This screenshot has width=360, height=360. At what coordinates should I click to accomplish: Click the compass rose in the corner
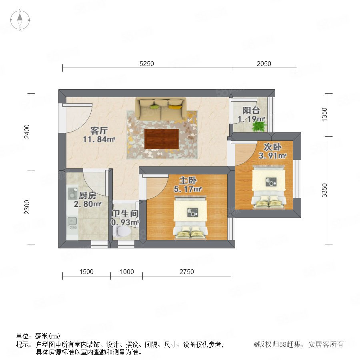coord(20,20)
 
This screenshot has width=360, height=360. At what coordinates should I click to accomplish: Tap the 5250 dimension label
coord(147,64)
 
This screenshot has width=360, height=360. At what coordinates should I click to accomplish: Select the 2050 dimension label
coord(264,64)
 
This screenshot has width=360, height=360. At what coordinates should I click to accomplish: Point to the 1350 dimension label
coord(324,114)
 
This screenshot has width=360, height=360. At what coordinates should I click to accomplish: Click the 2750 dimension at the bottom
coord(187,272)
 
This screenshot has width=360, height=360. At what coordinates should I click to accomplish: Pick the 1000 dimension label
coord(127,272)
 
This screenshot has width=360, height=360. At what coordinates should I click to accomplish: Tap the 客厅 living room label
coord(99,131)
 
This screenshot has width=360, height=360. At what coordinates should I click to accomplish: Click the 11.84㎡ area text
coord(99,139)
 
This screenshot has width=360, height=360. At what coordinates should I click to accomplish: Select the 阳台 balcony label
coord(251,110)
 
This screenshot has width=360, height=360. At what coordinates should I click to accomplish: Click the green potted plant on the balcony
coord(259,126)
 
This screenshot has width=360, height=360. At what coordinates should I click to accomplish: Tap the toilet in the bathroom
coord(122,231)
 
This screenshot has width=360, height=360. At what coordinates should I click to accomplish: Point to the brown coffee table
coord(162,139)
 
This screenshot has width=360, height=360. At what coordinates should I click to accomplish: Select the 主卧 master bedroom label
coord(188,180)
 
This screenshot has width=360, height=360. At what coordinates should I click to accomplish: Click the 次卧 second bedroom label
coord(272,147)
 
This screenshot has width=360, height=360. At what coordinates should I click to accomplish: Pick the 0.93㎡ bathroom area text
coord(125,222)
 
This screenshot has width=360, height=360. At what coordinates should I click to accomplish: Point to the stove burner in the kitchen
coord(73,193)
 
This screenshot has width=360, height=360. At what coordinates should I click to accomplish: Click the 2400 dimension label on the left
coord(27,132)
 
